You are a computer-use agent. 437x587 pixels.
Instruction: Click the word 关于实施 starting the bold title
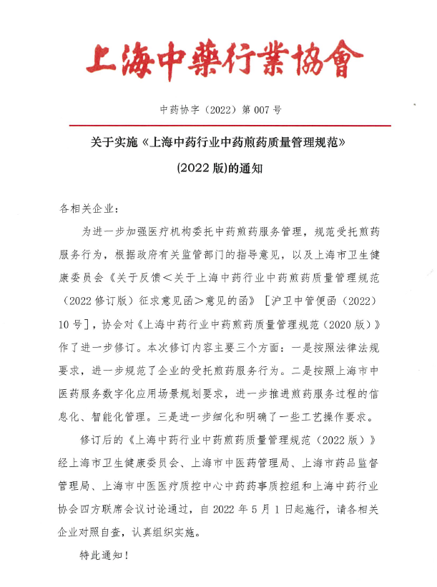[114, 143]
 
